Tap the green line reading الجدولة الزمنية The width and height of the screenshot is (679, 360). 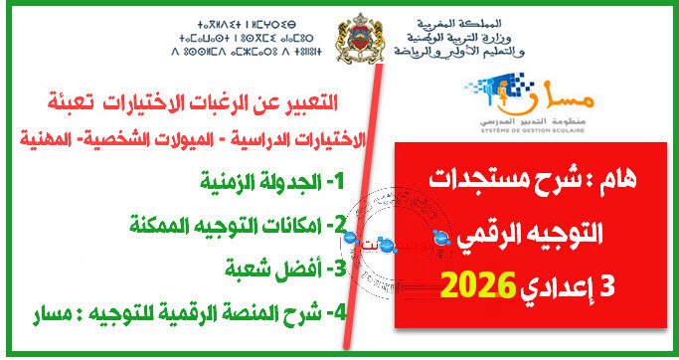[x=267, y=182]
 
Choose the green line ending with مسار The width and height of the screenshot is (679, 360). [x=200, y=313]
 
